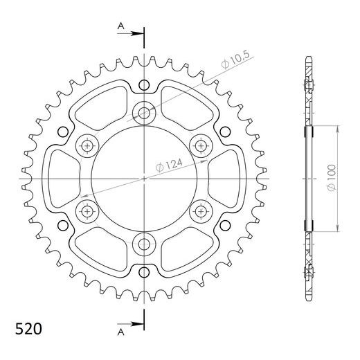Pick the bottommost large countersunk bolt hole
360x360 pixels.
[x=144, y=243]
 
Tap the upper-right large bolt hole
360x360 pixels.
[x=201, y=145]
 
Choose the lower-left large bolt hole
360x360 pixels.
[x=87, y=210]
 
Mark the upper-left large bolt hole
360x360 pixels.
[x=87, y=145]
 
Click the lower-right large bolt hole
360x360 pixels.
[x=201, y=210]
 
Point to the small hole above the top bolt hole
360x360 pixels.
[x=144, y=86]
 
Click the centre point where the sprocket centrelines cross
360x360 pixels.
[x=144, y=178]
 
